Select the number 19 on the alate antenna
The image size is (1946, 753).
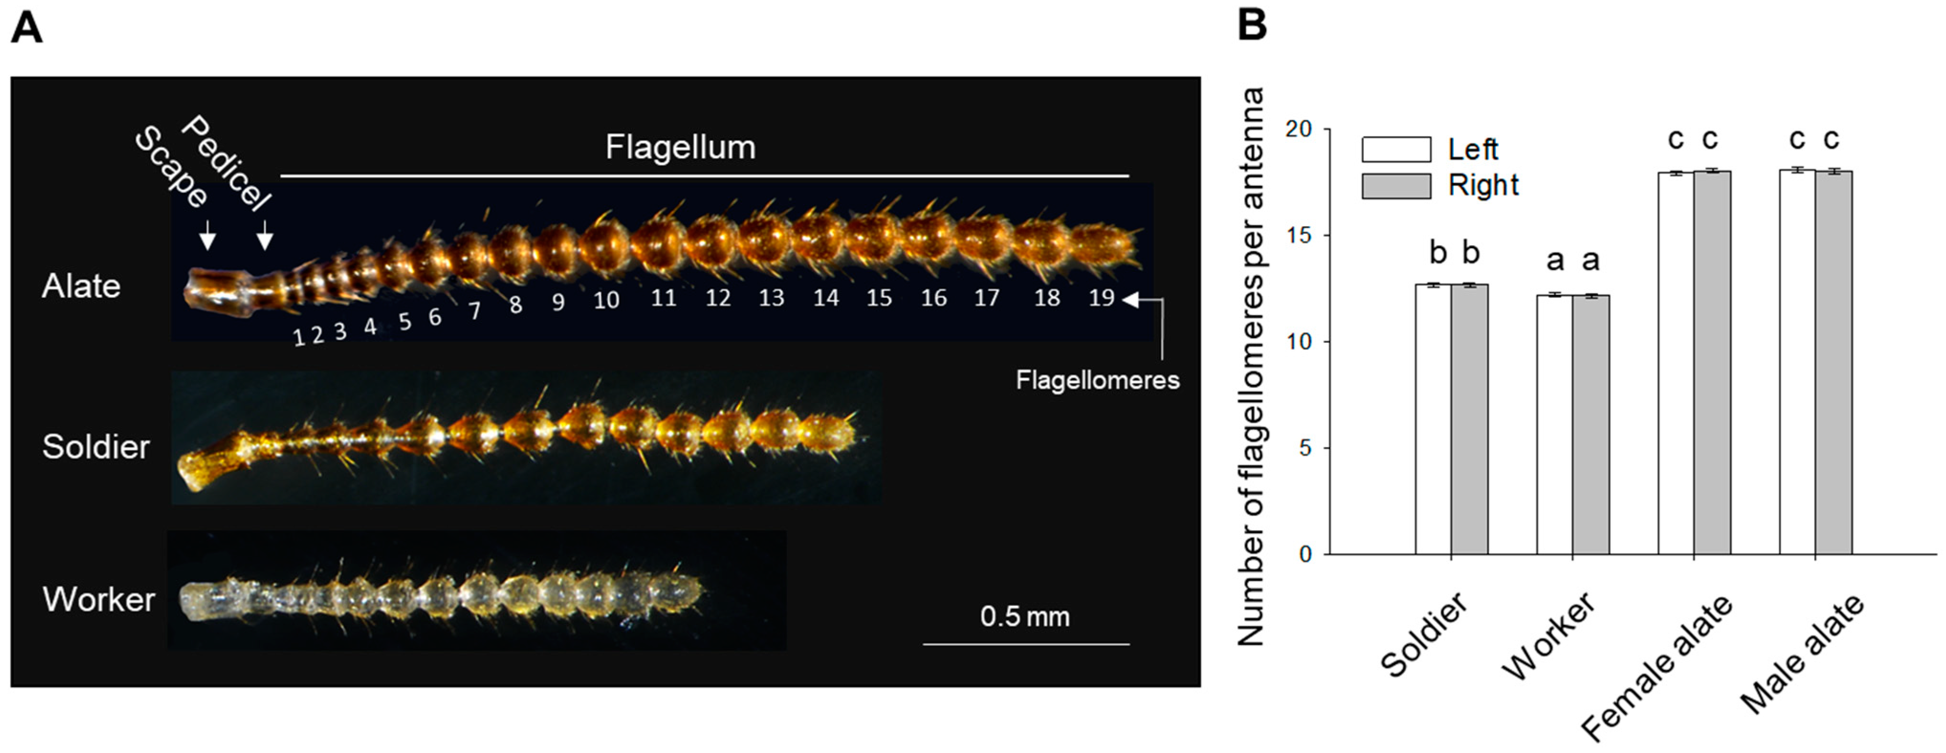1101,297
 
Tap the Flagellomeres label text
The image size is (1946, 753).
1097,380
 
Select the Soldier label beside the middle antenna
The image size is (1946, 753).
96,447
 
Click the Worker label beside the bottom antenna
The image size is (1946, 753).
98,600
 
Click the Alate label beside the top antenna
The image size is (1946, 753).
81,286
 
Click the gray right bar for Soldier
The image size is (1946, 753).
1469,419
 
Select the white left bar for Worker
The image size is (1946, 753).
1555,425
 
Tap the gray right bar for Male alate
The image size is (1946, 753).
1834,362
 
